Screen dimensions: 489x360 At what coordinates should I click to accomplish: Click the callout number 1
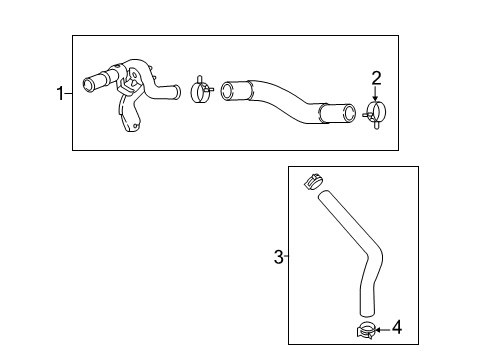point(60,93)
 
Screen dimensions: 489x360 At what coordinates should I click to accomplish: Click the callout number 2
point(376,78)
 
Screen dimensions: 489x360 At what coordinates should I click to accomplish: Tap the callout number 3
point(279,257)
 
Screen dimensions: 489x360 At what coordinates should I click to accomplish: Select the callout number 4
point(397,327)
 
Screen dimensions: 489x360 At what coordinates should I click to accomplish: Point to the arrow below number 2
point(376,94)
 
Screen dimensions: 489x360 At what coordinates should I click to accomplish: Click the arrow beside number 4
point(383,330)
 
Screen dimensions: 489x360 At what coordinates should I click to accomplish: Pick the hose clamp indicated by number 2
point(376,113)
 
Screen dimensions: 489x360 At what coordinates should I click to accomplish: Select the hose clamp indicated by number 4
point(366,330)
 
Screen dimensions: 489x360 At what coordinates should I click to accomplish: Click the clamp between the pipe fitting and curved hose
point(201,90)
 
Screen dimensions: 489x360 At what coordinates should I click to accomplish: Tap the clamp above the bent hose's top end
point(313,181)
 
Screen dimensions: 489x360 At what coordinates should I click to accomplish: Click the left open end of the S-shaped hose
point(228,91)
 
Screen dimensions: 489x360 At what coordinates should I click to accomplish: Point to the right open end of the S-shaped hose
point(349,113)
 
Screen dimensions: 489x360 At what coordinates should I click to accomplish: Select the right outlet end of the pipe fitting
point(177,92)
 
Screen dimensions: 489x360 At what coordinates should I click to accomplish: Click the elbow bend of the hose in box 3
point(374,257)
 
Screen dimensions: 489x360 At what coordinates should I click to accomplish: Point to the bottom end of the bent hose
point(367,313)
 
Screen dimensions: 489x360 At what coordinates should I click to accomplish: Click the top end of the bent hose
point(323,194)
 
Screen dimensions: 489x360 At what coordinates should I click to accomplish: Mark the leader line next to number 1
point(68,94)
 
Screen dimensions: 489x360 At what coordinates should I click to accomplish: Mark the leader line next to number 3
point(286,256)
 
